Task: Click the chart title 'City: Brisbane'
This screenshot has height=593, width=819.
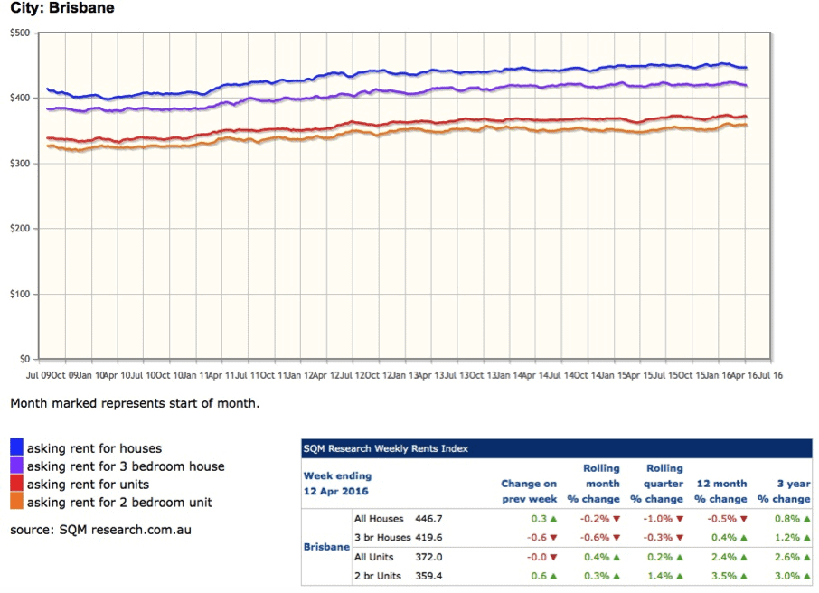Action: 62,8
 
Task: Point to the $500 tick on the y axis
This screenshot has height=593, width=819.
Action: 19,33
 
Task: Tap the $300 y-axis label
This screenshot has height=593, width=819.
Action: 19,164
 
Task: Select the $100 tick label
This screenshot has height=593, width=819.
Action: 19,295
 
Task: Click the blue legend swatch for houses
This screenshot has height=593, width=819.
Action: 17,447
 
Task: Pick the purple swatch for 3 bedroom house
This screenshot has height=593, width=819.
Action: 17,466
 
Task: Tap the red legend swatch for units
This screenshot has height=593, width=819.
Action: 17,484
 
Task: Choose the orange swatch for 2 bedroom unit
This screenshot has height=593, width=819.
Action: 17,502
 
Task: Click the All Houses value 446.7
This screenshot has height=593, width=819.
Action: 428,520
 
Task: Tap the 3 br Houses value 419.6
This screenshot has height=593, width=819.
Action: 428,537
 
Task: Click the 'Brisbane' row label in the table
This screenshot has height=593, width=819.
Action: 325,548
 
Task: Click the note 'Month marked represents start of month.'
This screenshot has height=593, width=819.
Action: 135,403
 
